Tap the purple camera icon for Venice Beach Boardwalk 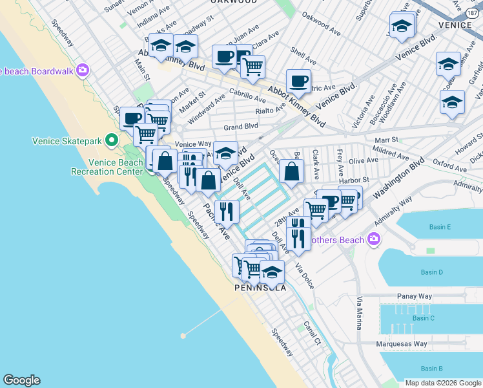83,70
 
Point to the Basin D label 431,272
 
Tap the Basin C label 423,318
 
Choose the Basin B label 431,369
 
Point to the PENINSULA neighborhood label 260,288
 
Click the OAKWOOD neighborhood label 235,2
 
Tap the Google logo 21,380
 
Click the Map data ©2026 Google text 443,383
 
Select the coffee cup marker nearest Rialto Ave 298,81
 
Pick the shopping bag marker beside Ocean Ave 291,173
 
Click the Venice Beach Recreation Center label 107,167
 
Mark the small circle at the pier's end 183,336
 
